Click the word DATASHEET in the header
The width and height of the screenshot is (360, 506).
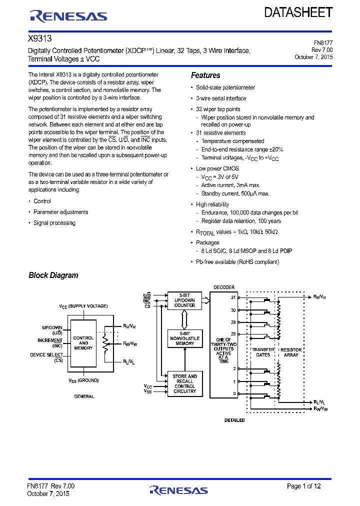(298, 13)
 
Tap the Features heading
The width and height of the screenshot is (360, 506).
(205, 75)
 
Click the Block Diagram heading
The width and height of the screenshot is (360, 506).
(53, 275)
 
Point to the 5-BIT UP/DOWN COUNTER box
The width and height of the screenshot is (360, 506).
(184, 300)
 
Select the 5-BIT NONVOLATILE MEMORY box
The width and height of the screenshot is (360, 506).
(184, 338)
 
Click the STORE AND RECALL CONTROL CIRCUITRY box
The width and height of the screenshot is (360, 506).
(184, 384)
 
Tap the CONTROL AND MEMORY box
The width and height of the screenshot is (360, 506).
(83, 343)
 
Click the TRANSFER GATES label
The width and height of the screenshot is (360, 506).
(263, 352)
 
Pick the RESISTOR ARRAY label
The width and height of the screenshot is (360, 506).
(291, 352)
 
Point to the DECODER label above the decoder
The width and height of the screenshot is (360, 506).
(223, 287)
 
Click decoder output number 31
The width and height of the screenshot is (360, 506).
(233, 297)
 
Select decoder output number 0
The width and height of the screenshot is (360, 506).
(233, 393)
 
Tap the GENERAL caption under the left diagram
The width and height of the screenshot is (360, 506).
(84, 396)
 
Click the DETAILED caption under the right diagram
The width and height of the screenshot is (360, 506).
(234, 420)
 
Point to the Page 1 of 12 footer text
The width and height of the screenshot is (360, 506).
(303, 486)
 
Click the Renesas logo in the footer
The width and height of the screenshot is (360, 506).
(178, 490)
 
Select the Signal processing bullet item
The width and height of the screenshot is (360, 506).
(54, 223)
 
